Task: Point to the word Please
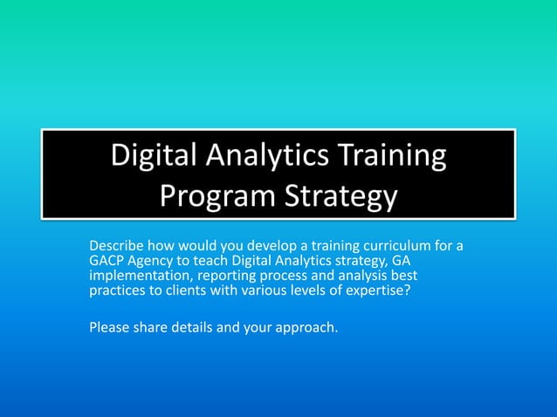click(x=109, y=328)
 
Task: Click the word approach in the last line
click(x=305, y=329)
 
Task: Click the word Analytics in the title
click(x=271, y=157)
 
